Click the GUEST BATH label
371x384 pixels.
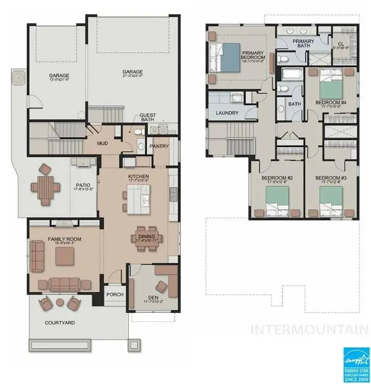pos(148,118)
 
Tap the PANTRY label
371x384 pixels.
pos(159,147)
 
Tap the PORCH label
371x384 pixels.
pos(115,295)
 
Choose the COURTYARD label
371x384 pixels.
pos(60,323)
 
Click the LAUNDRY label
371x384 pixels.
pos(227,113)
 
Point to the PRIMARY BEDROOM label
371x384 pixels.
pos(254,54)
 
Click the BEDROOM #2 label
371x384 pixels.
pos(276,178)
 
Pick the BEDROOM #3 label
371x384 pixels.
pos(330,178)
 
